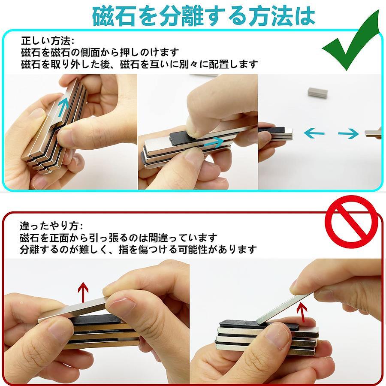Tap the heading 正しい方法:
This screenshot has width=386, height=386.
click(x=48, y=41)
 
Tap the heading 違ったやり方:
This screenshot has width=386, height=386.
click(x=52, y=226)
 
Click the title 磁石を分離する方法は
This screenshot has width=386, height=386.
click(x=204, y=16)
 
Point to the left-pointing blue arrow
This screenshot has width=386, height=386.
click(x=314, y=134)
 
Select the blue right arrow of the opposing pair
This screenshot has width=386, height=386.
click(x=349, y=134)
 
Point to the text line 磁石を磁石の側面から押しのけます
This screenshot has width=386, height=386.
click(x=100, y=52)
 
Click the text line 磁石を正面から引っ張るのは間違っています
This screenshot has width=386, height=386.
click(x=118, y=238)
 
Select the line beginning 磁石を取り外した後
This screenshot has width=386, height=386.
click(x=139, y=64)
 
